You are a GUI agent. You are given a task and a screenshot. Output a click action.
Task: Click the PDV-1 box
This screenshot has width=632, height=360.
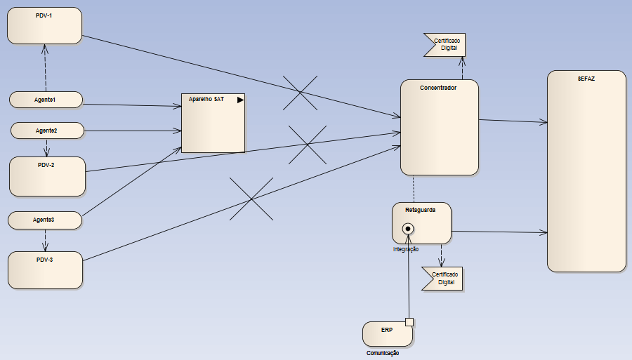click(x=44, y=26)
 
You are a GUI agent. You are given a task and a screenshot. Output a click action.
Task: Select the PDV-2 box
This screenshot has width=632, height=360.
click(x=47, y=176)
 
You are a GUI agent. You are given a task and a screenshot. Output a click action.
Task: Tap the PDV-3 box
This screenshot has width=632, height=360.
click(x=45, y=270)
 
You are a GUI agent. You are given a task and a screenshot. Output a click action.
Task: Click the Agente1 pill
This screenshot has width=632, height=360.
click(x=46, y=100)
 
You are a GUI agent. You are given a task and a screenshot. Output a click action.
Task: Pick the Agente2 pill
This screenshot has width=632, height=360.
click(x=47, y=131)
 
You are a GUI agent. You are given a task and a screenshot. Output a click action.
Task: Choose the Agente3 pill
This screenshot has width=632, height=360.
click(x=44, y=220)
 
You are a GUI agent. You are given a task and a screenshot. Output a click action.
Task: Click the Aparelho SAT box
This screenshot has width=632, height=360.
click(x=213, y=123)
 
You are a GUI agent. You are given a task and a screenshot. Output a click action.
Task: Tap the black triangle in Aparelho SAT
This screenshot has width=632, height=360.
click(x=240, y=100)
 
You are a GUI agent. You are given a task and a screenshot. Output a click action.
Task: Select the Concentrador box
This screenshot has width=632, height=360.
click(x=439, y=127)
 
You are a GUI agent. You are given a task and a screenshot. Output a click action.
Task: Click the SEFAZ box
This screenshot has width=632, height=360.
click(x=586, y=171)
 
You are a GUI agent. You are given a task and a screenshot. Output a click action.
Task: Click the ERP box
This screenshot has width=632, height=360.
click(x=387, y=334)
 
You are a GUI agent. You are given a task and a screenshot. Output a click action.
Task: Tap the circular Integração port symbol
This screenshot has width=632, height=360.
click(x=407, y=229)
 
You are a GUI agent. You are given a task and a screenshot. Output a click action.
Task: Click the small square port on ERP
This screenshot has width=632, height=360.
click(x=409, y=322)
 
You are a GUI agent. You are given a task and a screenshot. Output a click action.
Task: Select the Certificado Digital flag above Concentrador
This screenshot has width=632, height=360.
click(x=445, y=45)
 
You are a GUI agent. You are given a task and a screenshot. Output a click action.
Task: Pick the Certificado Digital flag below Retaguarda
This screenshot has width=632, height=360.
click(x=442, y=278)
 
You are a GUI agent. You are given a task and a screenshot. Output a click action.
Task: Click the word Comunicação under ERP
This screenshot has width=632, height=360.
click(x=383, y=353)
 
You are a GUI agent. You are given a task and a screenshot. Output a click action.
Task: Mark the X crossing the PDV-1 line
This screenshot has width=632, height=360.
click(x=300, y=93)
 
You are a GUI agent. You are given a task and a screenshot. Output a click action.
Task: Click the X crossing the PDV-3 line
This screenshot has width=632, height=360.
click(x=251, y=199)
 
